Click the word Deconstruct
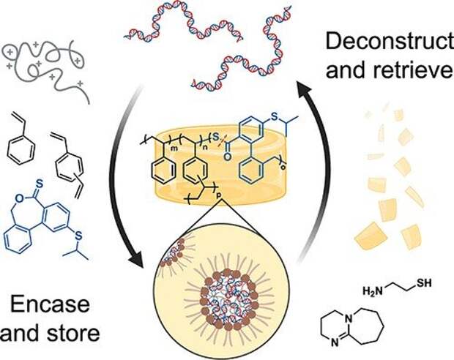coord(390,41)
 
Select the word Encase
coord(50,304)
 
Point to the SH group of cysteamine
coord(424,282)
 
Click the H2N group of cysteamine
coord(373,290)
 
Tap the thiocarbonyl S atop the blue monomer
coord(40,184)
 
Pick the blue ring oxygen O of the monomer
coord(19,198)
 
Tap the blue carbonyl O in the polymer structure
coord(228,157)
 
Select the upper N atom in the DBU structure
coord(349,318)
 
